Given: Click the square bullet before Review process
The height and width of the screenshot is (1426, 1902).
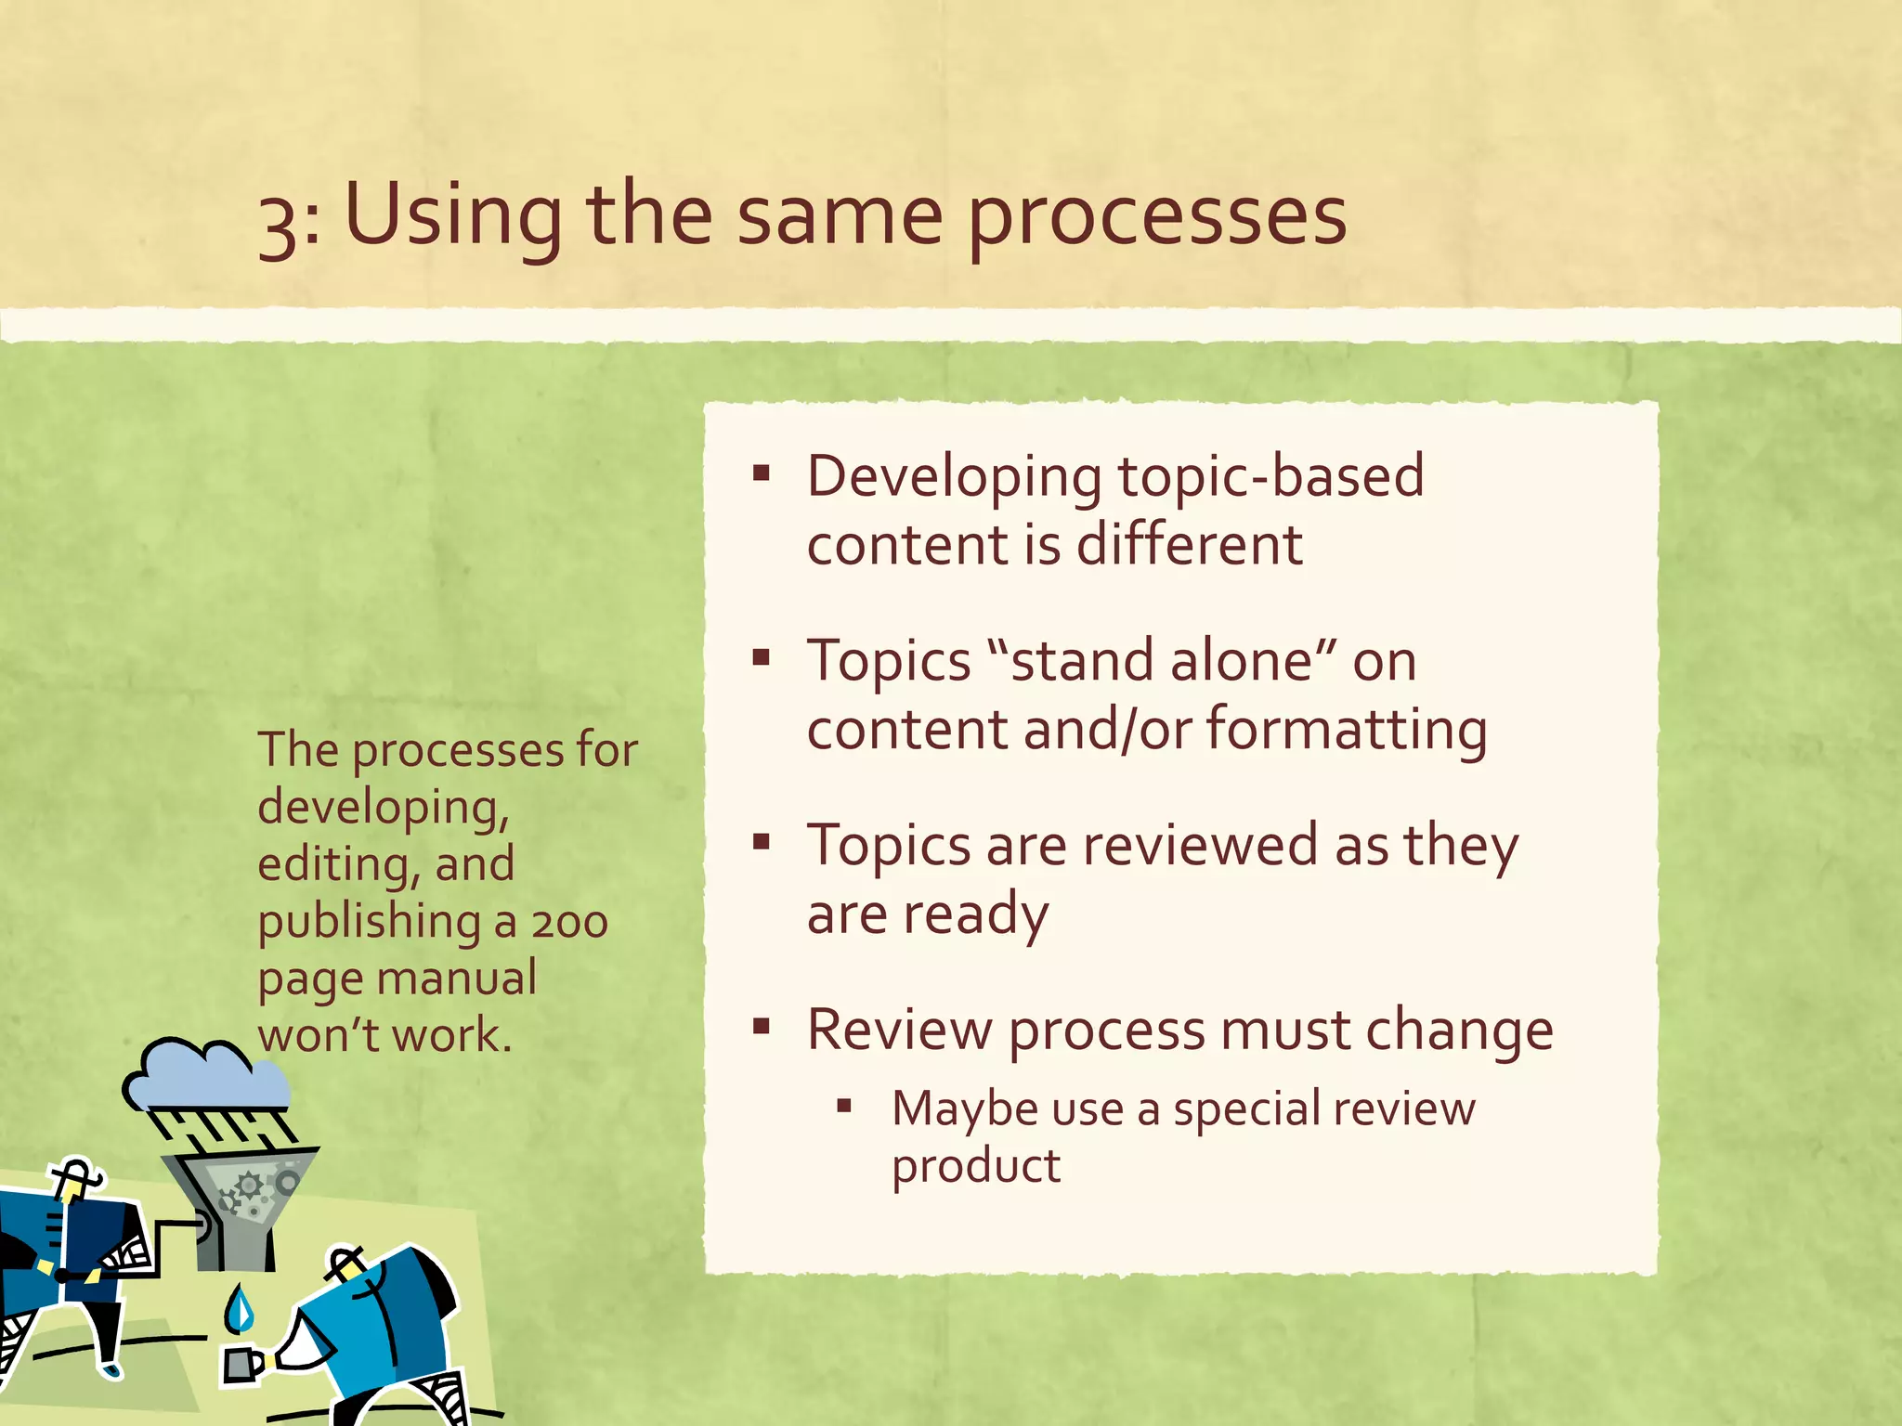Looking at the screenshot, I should (x=762, y=1027).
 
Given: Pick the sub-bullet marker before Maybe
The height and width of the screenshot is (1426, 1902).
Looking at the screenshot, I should (x=843, y=1105).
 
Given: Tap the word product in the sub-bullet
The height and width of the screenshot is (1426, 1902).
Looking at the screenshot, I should (x=975, y=1166).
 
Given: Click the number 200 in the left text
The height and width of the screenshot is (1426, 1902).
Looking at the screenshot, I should (x=569, y=924).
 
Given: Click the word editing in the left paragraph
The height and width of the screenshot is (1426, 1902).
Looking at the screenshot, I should (x=332, y=865).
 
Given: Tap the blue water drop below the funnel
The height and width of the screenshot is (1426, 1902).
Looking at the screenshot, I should (x=241, y=1309).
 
